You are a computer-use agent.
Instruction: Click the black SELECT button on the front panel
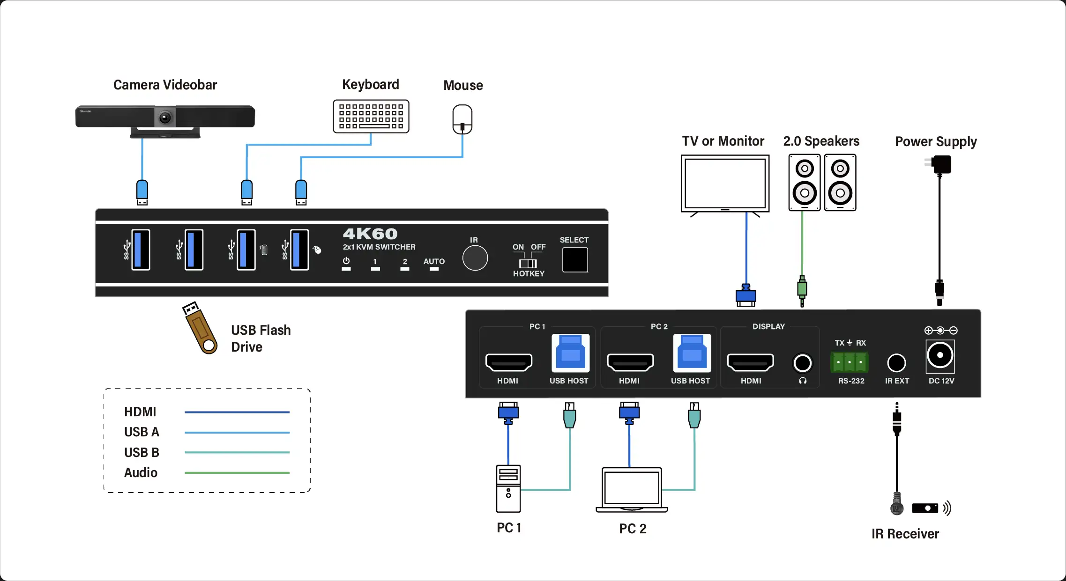click(575, 259)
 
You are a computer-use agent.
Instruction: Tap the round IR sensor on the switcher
click(475, 258)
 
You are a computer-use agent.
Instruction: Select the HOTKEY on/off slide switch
click(528, 264)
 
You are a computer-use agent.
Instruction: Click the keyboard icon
click(371, 117)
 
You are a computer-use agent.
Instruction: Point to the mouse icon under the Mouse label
click(462, 120)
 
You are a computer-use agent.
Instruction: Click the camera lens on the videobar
click(165, 117)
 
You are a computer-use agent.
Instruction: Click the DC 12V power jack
click(940, 355)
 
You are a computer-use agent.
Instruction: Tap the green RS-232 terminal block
click(850, 362)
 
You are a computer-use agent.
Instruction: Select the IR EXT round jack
click(896, 363)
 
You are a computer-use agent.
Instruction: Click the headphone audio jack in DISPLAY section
click(803, 363)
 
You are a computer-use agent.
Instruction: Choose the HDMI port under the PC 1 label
click(508, 362)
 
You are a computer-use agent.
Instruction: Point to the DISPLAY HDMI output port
click(750, 362)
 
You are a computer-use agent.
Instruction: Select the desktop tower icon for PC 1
click(508, 488)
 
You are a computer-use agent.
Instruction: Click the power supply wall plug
click(939, 164)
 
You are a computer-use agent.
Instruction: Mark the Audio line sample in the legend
click(237, 473)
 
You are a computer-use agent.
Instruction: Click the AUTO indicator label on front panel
click(434, 262)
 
